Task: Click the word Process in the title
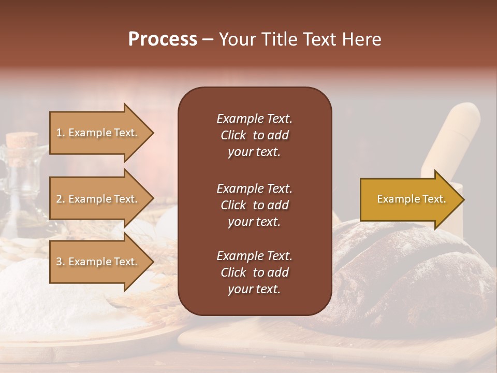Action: click(x=163, y=39)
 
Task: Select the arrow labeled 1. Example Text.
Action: click(x=98, y=133)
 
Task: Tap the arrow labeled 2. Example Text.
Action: click(x=98, y=199)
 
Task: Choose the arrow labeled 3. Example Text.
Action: click(x=98, y=262)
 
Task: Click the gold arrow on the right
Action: click(x=409, y=199)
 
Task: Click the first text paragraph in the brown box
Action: click(x=254, y=135)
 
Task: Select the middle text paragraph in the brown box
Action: click(x=254, y=205)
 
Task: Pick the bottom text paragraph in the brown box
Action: click(x=254, y=272)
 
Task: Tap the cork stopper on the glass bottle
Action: click(x=22, y=140)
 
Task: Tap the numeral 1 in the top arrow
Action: click(x=59, y=133)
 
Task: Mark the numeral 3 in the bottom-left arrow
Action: click(x=59, y=262)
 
